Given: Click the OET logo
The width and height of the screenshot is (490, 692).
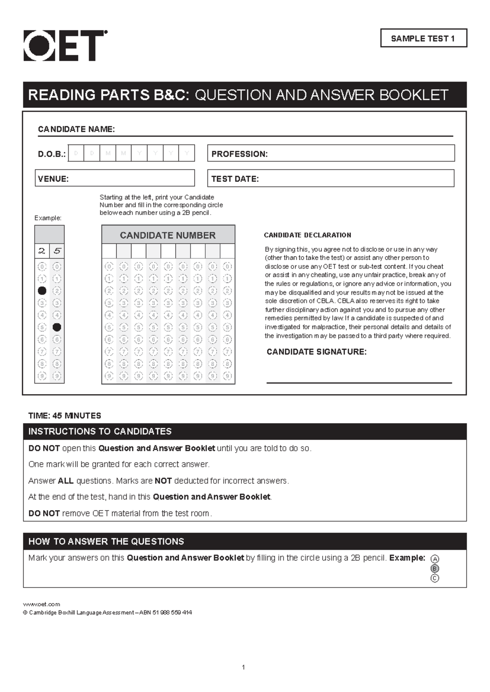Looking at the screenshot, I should [x=65, y=46].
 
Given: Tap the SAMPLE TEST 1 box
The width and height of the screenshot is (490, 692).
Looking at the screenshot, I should [x=423, y=38].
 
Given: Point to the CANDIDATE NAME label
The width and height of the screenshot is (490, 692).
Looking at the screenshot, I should [x=76, y=129].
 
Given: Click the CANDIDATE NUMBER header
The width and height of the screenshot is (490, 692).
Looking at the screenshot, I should [x=168, y=235].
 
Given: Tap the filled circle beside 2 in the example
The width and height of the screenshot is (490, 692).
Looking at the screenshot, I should [x=42, y=291].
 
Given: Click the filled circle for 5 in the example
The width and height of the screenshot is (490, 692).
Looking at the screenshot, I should [x=57, y=327].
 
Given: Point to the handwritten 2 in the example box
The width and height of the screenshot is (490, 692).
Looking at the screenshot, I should [x=42, y=251].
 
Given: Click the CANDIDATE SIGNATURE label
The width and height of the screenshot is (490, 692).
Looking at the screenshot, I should [x=316, y=352].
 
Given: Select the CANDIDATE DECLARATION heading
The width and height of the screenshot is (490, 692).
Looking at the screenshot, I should [x=307, y=235].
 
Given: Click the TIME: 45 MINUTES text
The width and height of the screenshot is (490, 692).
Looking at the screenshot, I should [x=65, y=416].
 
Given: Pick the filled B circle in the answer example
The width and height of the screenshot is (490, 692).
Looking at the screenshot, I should [x=435, y=569].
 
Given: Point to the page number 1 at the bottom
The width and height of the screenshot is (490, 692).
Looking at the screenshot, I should [x=243, y=668].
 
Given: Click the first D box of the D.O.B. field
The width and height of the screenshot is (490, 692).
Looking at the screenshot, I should [x=76, y=153].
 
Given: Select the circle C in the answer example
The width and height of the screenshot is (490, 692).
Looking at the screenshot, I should [x=435, y=579].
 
